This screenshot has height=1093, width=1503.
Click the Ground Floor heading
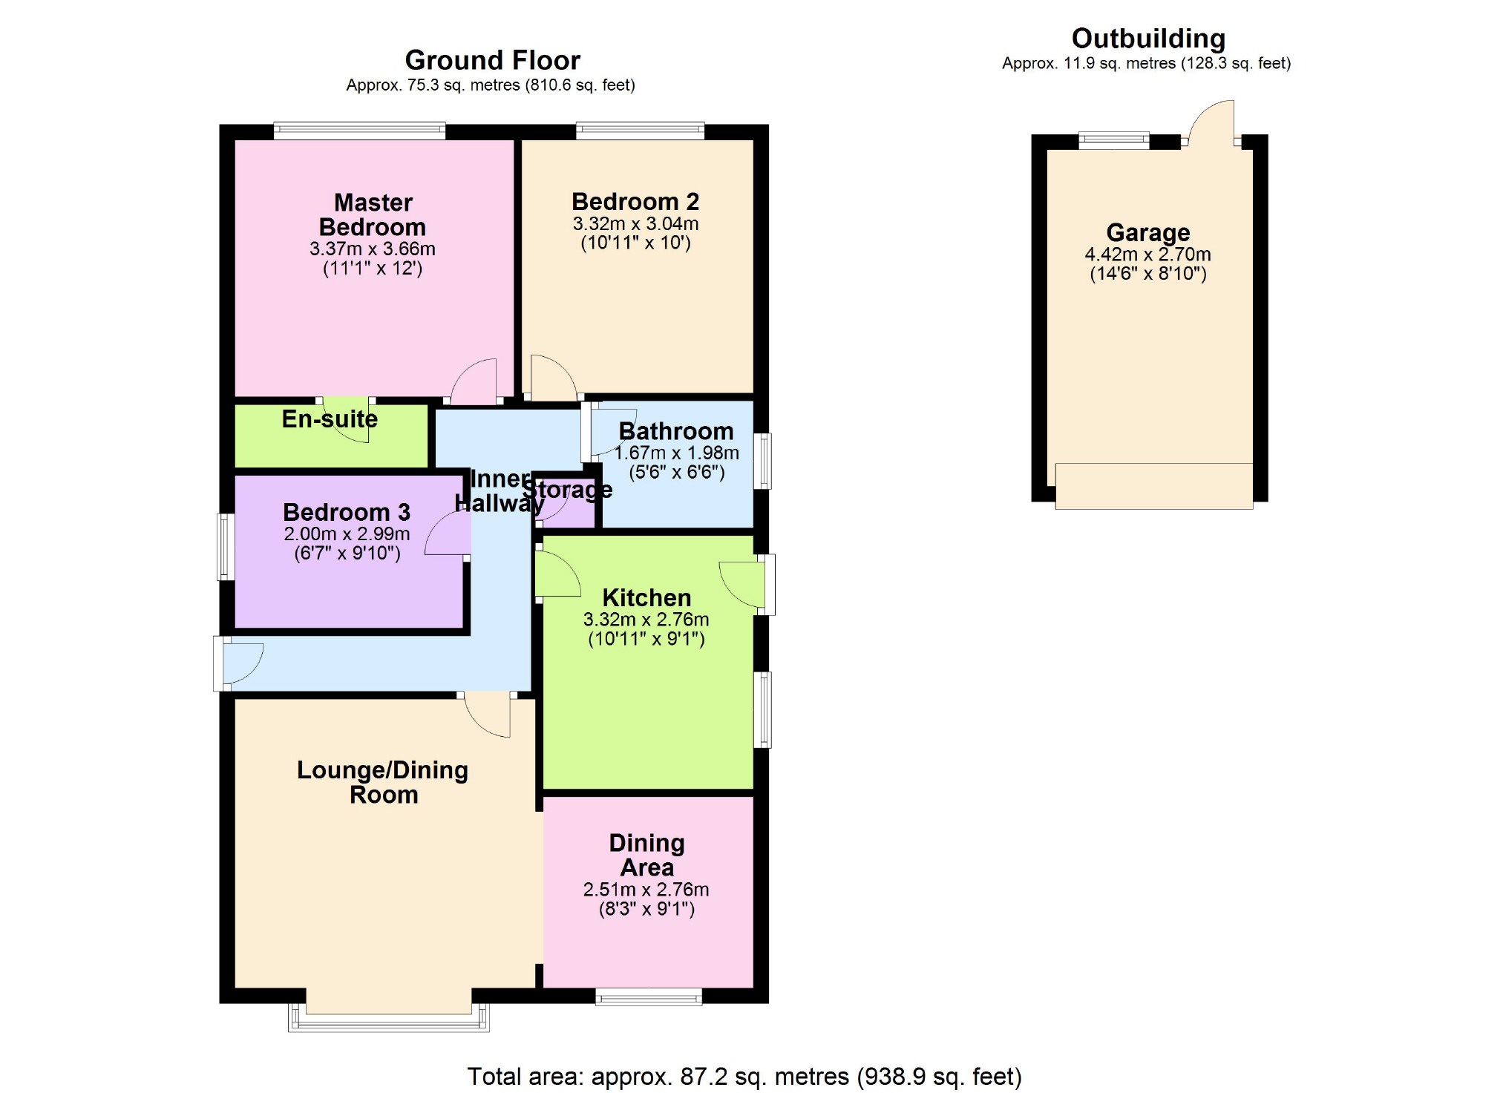point(492,60)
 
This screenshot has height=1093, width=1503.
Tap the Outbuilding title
point(1147,39)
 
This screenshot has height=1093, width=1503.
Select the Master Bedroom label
point(373,214)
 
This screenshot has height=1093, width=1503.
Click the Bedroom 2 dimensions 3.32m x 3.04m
point(635,223)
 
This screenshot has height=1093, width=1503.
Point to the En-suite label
point(330,419)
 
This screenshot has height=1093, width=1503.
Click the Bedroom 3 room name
point(347,512)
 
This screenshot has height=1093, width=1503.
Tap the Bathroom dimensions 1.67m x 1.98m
point(677,453)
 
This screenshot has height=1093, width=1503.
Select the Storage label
point(568,490)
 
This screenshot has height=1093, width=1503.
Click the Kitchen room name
point(646,597)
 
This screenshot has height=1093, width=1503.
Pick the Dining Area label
point(646,855)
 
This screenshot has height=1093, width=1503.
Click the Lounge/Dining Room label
point(383,782)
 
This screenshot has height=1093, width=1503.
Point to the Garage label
point(1147,233)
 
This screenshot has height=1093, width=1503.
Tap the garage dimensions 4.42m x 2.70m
point(1147,255)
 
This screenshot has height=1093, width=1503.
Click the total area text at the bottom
point(744,1076)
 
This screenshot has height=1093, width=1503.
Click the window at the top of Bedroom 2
point(640,131)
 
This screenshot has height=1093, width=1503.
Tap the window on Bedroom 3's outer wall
point(226,547)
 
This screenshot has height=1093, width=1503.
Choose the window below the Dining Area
point(648,997)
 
